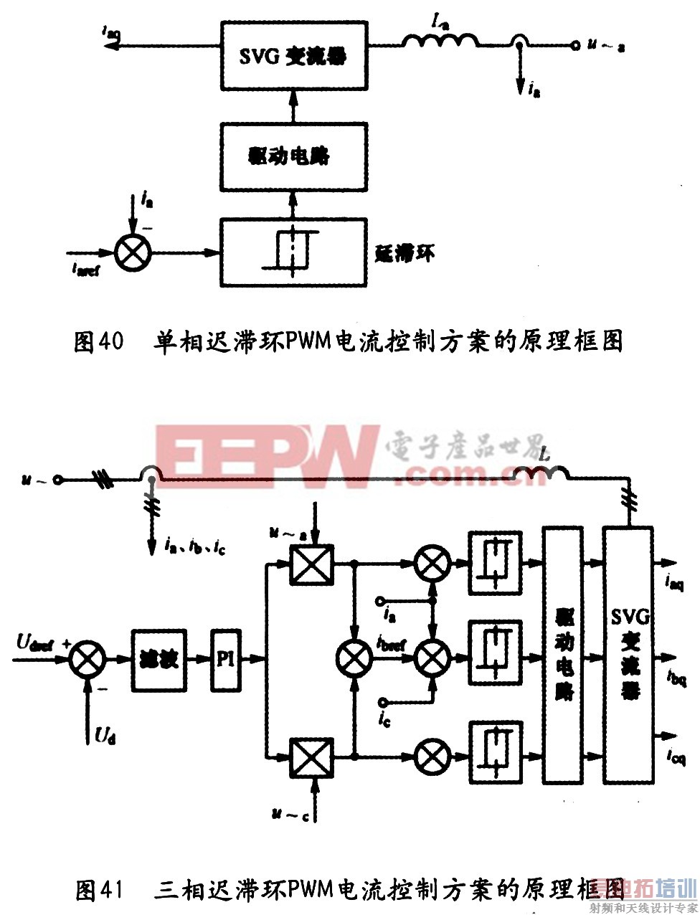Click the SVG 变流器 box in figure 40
(293, 55)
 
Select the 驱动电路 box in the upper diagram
(293, 156)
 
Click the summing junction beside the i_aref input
(133, 252)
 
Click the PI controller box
(226, 659)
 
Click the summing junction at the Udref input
(87, 659)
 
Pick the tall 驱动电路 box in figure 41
(563, 655)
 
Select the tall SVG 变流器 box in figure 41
(628, 655)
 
